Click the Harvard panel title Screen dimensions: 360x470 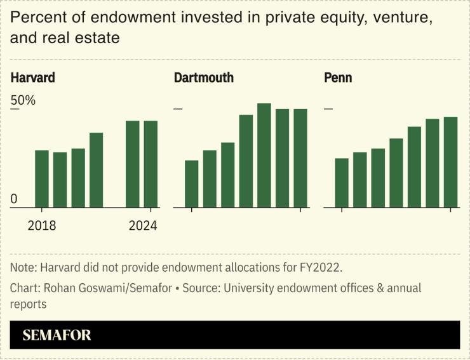tap(33, 78)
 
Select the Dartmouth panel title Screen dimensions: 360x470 tap(204, 78)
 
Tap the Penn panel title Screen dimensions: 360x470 tap(338, 78)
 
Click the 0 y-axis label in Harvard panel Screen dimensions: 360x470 tap(14, 199)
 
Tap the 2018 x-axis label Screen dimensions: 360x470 tap(42, 225)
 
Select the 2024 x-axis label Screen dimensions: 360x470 tap(143, 225)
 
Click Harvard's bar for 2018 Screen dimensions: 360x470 tap(42, 178)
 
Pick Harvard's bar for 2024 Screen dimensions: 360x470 tap(151, 164)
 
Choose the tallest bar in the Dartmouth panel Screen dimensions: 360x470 tap(264, 155)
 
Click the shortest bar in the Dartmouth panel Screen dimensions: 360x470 tap(192, 183)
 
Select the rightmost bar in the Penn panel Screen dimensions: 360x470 tap(451, 162)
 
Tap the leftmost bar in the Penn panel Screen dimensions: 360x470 tap(342, 182)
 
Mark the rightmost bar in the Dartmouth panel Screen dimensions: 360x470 tap(300, 158)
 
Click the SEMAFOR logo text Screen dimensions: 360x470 tap(57, 335)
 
